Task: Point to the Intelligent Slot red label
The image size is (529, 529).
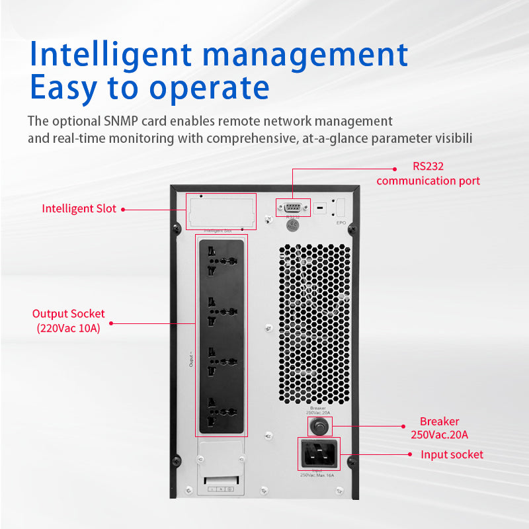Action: (79, 208)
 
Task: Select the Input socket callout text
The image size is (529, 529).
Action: (452, 454)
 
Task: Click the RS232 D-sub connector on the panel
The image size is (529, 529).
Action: (292, 207)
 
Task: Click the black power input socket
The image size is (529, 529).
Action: (319, 454)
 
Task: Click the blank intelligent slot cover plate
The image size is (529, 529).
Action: (221, 212)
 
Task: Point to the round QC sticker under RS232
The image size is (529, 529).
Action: (292, 225)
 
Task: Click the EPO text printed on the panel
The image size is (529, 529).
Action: (341, 223)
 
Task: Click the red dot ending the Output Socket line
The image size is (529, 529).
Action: (111, 323)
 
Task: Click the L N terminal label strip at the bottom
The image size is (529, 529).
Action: (220, 489)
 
